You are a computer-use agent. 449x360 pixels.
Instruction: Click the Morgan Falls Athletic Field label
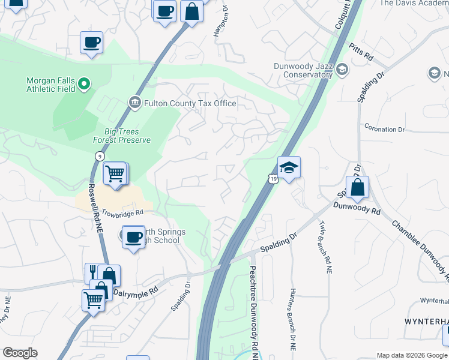click(x=50, y=85)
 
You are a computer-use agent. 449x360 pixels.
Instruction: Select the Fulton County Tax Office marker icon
click(x=134, y=103)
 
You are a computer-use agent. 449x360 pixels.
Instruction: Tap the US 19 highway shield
click(x=273, y=178)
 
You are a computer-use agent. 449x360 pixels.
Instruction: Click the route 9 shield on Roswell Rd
click(x=97, y=156)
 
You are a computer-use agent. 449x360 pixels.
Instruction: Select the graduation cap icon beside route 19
click(x=289, y=167)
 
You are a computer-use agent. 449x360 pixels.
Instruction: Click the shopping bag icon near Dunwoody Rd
click(x=357, y=187)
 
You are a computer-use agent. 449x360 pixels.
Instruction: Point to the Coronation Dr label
click(x=385, y=129)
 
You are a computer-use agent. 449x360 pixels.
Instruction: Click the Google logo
click(x=20, y=353)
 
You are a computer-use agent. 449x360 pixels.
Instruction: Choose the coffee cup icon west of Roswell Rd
click(x=91, y=43)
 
